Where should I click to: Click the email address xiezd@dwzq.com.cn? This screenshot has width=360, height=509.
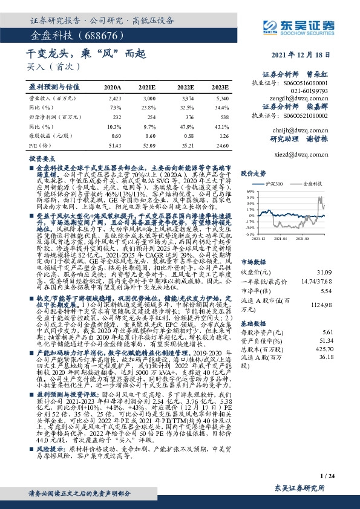click(305, 154)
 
